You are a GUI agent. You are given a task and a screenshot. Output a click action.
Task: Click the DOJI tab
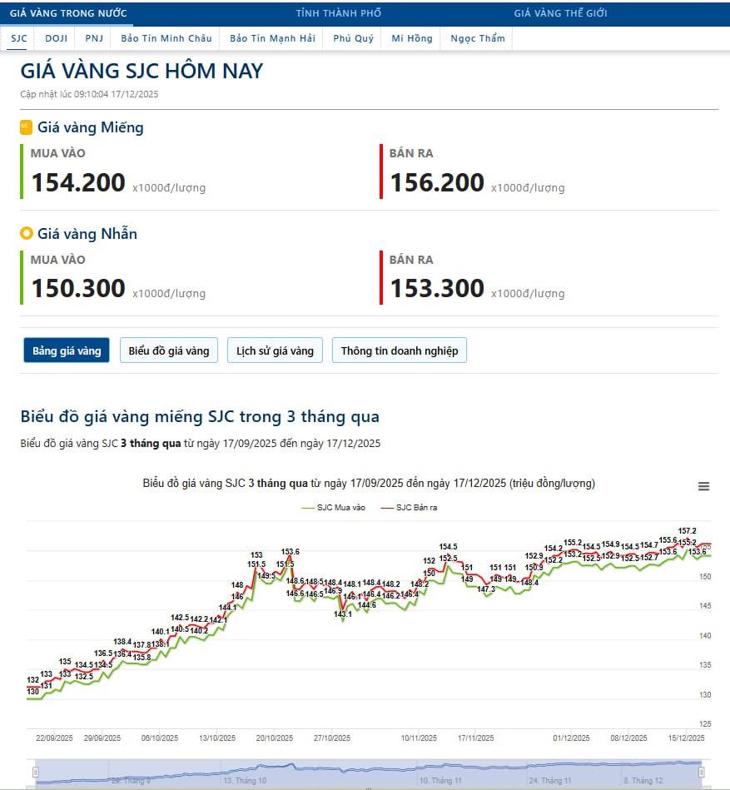point(56,38)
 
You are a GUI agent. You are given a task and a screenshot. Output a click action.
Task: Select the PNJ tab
point(93,38)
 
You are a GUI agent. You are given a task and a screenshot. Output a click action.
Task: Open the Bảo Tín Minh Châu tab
point(165,38)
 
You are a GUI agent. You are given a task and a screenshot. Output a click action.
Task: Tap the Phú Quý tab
point(353,38)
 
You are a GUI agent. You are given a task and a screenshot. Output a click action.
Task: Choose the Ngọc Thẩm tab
point(477,38)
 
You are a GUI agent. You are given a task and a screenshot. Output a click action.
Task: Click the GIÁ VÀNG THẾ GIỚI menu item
point(560,13)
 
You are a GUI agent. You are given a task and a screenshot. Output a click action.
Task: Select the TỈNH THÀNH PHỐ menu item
point(339,13)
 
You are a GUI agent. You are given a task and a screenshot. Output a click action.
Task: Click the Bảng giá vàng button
point(67,350)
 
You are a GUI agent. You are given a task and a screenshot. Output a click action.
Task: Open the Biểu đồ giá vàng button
point(169,350)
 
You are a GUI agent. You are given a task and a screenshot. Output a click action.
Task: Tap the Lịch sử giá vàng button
point(275,350)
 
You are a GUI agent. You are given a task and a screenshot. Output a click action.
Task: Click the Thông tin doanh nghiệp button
point(400,350)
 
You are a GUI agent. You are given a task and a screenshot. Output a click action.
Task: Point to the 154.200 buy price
point(78,182)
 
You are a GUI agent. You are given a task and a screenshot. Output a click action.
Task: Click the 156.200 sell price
point(437,182)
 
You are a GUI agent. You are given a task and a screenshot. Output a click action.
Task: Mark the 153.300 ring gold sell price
point(437,288)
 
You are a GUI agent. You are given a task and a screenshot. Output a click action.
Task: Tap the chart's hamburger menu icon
point(703,487)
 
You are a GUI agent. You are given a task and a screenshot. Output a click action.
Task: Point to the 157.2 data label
point(688,530)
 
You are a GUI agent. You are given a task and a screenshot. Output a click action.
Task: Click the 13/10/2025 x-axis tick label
point(217,738)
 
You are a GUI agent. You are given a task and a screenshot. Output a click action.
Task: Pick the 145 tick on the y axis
point(704,605)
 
